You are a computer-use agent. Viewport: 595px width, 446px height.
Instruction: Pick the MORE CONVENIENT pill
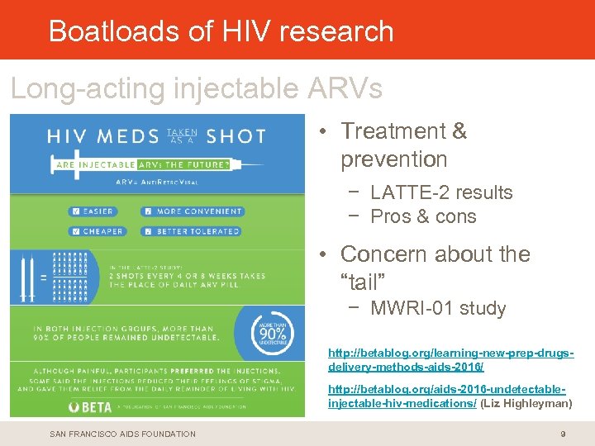(188, 211)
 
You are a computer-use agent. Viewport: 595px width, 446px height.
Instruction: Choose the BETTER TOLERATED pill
(189, 231)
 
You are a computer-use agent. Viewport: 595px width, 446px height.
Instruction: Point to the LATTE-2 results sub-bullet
(441, 192)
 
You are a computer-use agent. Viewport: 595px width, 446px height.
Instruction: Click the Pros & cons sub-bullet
(423, 216)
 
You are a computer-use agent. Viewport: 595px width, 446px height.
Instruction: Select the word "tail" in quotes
(364, 283)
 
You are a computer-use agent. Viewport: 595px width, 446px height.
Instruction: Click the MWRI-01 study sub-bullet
(438, 309)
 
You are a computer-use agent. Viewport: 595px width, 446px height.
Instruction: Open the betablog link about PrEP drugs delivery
(450, 359)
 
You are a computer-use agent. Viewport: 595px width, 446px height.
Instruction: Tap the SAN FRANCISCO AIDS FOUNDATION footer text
(123, 434)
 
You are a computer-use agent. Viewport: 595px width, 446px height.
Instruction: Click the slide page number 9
(563, 434)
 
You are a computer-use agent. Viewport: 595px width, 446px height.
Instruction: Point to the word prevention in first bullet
(393, 159)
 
